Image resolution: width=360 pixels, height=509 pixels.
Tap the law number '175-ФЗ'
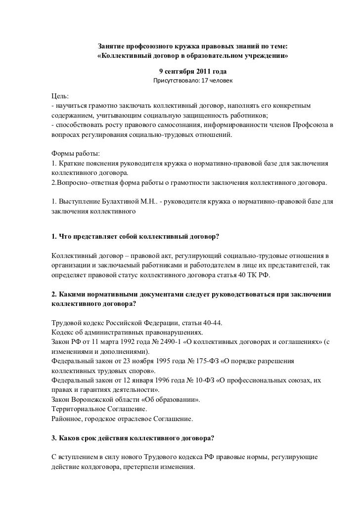[186, 361]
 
